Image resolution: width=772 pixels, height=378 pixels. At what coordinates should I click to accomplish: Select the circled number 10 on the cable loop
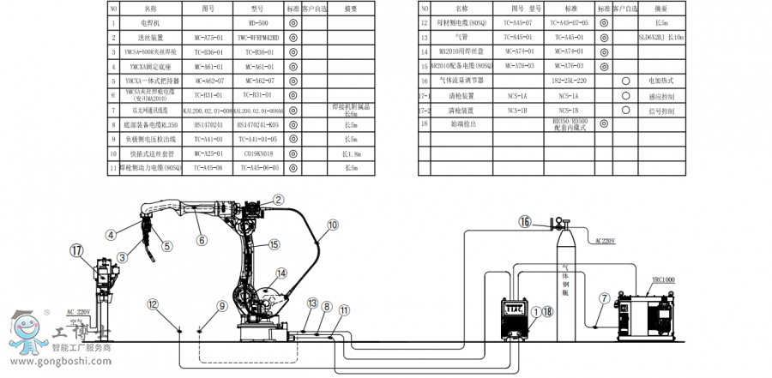(331, 227)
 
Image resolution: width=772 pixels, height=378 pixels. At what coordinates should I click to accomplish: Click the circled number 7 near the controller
(604, 297)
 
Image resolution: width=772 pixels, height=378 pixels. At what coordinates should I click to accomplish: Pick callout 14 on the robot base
(280, 274)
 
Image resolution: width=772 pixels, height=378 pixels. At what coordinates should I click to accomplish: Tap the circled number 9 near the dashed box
(221, 305)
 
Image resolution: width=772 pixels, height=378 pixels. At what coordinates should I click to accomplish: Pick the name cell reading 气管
(462, 38)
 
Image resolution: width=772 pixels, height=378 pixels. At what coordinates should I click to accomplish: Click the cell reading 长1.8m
(351, 153)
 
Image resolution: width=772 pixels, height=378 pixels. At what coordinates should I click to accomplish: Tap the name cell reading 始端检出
(462, 124)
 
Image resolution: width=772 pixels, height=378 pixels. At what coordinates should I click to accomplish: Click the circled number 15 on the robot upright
(274, 244)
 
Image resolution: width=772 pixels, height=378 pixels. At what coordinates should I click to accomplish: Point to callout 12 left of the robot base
(152, 303)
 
